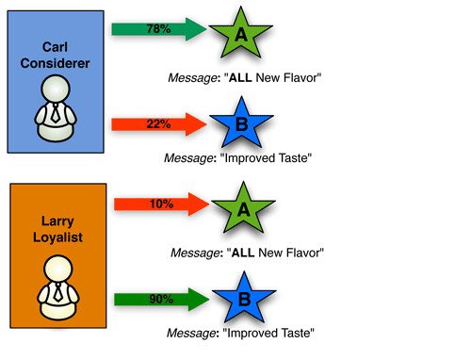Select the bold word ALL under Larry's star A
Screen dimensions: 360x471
tap(250, 253)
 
